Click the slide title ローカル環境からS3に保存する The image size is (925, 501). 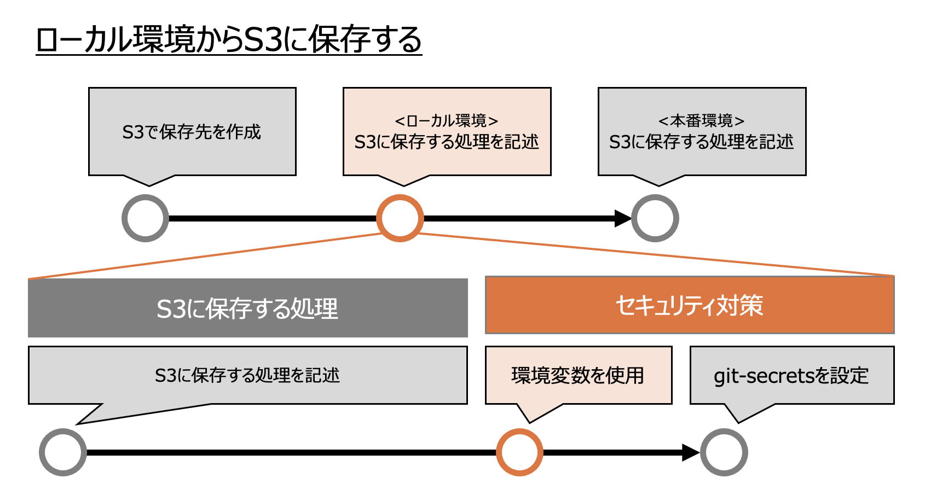point(229,40)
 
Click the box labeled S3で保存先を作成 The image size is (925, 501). point(192,132)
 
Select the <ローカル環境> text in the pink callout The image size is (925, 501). point(446,120)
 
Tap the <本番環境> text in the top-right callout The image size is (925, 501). point(701,120)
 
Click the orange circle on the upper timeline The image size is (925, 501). point(400,218)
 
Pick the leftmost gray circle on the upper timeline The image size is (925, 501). point(145,218)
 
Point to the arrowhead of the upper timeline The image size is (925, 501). point(623,218)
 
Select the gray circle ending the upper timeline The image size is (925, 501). point(655,218)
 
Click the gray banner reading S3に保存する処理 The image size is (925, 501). point(247,308)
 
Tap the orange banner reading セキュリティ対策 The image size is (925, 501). point(689,305)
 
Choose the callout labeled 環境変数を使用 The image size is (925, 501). point(578,375)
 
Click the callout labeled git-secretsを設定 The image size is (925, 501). point(791,375)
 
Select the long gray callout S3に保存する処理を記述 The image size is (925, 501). point(247,375)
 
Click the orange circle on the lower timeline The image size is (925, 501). point(519,452)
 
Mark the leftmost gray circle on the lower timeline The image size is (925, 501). point(63,452)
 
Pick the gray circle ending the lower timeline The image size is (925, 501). point(724,452)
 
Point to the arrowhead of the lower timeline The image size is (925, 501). point(691,452)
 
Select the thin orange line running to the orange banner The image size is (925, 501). point(657,254)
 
